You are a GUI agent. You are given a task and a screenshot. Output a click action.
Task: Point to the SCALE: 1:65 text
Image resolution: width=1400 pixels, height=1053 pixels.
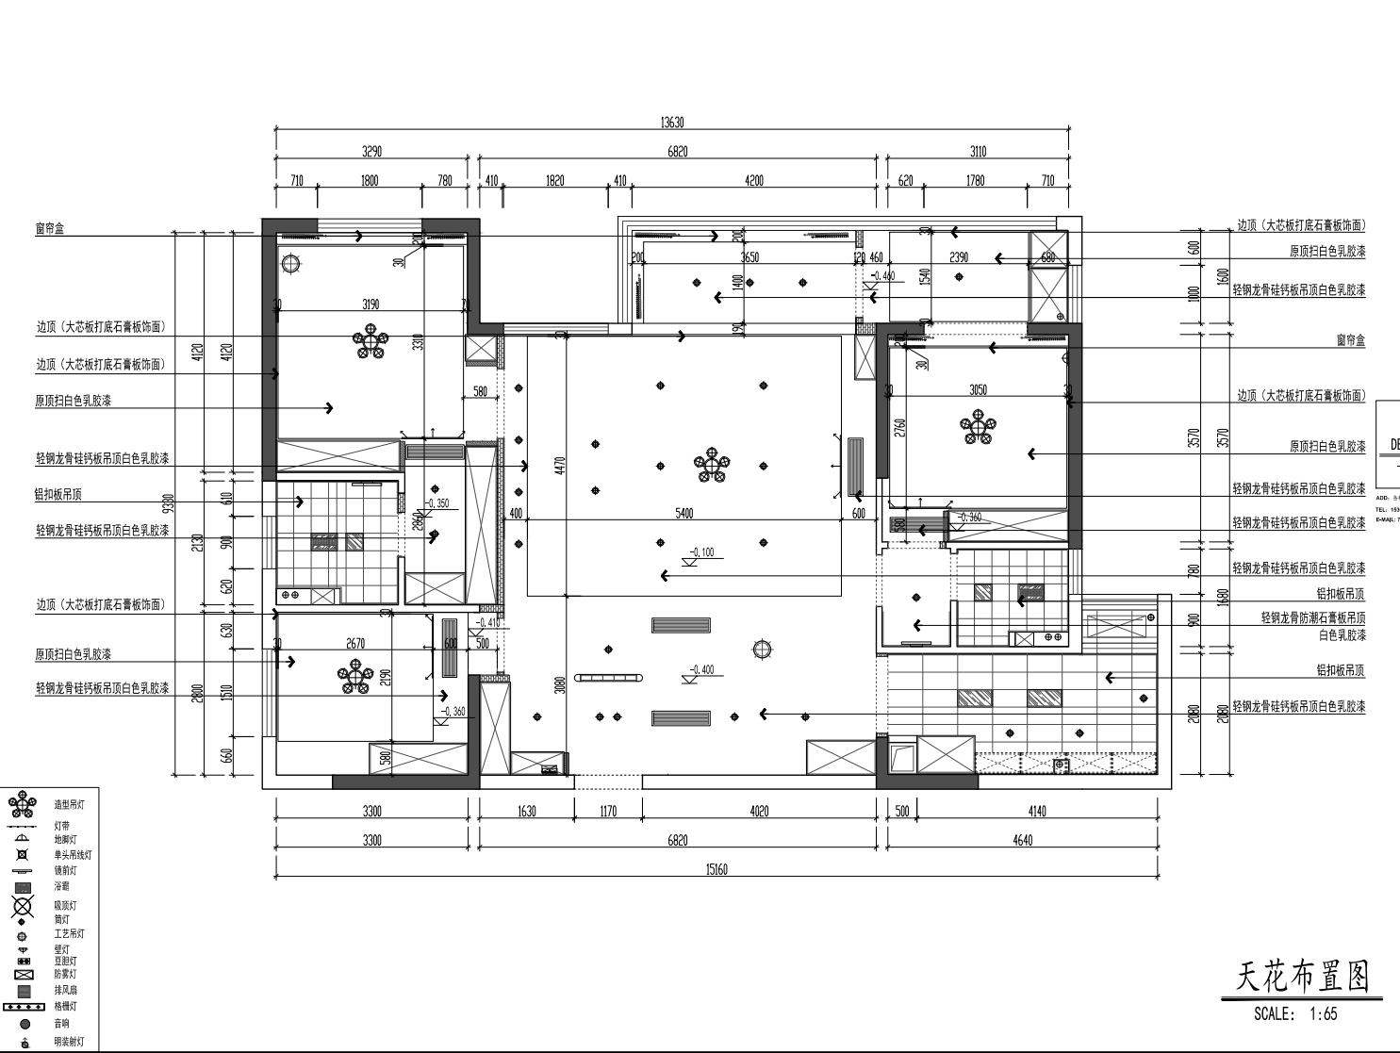click(1294, 1014)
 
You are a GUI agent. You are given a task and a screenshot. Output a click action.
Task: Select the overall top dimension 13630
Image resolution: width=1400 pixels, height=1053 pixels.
click(671, 123)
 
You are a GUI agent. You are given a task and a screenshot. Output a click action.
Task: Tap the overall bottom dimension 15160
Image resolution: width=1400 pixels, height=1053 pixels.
click(716, 869)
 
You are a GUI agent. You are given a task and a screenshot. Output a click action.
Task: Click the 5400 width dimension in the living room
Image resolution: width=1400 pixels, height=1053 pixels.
click(684, 513)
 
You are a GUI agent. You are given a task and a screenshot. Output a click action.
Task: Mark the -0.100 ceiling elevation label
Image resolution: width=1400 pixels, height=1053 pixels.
click(701, 552)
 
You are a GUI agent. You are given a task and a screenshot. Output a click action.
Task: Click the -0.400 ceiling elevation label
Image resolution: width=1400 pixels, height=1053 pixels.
click(701, 670)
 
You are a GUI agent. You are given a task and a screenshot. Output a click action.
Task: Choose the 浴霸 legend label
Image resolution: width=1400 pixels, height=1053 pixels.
click(61, 886)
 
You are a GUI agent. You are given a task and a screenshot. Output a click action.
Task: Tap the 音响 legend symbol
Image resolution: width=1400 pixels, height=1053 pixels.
click(25, 1024)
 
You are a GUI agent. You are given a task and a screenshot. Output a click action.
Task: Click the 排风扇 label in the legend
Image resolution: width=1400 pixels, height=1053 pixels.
click(66, 990)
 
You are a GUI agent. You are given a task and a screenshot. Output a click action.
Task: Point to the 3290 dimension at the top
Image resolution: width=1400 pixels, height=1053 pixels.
click(371, 152)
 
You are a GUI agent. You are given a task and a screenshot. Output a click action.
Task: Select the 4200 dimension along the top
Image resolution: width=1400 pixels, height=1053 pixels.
click(753, 180)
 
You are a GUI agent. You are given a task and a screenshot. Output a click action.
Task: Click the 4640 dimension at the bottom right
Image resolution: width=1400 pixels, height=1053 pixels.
click(1022, 840)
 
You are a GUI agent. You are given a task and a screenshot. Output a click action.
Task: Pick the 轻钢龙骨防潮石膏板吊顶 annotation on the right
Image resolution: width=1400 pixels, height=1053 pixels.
click(1312, 618)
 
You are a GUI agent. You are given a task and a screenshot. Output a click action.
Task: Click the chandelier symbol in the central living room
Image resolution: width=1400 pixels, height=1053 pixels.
click(712, 466)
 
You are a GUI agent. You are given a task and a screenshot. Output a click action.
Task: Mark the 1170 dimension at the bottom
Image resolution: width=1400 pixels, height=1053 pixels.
click(608, 811)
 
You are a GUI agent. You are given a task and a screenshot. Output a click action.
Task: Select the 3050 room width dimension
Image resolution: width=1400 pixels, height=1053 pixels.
click(979, 389)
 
